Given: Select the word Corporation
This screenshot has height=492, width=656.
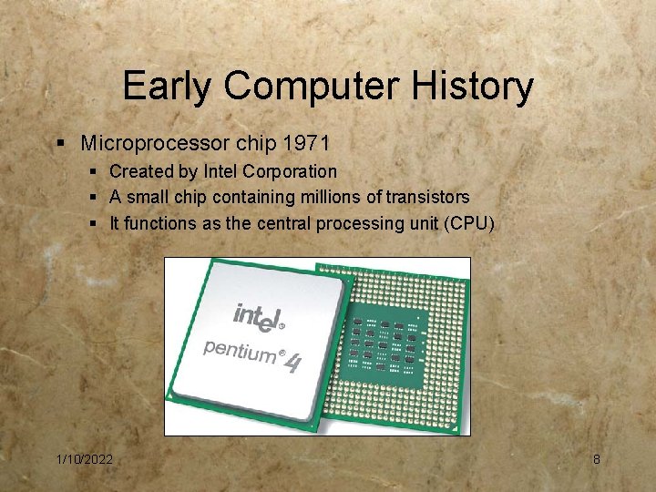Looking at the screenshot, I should (x=292, y=171).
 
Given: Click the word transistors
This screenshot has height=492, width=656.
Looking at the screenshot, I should (x=427, y=197).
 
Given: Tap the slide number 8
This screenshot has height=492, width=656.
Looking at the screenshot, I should (x=597, y=459).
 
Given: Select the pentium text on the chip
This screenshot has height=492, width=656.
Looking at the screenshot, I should (x=239, y=349).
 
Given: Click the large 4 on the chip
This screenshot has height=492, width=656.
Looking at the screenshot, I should (x=292, y=363).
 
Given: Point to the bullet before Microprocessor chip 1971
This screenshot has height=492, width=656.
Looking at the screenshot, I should (x=60, y=144).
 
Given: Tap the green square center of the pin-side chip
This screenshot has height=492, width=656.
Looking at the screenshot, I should (x=387, y=343).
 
